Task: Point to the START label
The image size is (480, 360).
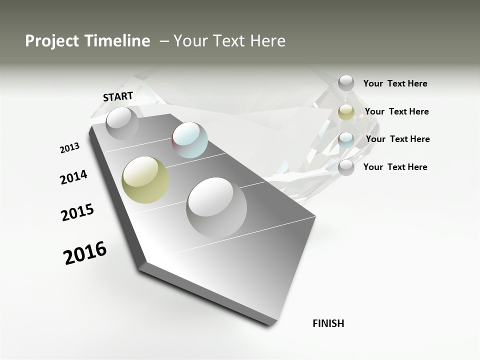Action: (x=118, y=96)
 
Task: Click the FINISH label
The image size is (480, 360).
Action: (x=328, y=323)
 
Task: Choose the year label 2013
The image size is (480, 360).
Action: (x=69, y=148)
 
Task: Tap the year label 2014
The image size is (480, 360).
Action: (x=73, y=177)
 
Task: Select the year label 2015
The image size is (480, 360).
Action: (x=77, y=212)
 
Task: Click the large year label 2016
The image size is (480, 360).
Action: (x=85, y=252)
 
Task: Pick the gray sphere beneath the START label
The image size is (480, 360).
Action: (x=122, y=123)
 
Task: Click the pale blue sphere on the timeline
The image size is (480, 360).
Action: (x=189, y=140)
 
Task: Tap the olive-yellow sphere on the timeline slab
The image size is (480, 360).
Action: (x=145, y=180)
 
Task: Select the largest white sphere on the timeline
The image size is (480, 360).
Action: (x=216, y=207)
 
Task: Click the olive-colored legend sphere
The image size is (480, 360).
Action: (x=346, y=112)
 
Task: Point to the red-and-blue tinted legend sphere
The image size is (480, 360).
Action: (x=346, y=139)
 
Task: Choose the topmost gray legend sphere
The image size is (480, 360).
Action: (x=346, y=83)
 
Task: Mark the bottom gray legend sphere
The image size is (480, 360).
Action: (x=346, y=167)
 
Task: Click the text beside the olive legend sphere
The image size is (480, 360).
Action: (x=396, y=111)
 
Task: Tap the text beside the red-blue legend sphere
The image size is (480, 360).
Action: (x=397, y=139)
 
